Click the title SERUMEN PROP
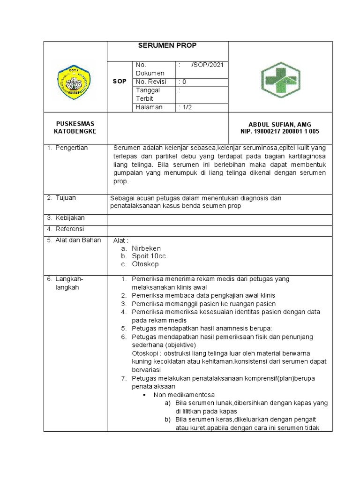(x=167, y=45)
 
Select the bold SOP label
(x=120, y=82)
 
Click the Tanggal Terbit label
(x=148, y=94)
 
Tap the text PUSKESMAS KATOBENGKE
(x=75, y=127)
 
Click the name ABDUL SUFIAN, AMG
(x=280, y=124)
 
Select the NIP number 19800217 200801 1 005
(x=280, y=132)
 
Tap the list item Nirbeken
(x=146, y=248)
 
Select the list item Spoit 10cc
(x=149, y=256)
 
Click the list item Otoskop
(x=146, y=264)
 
